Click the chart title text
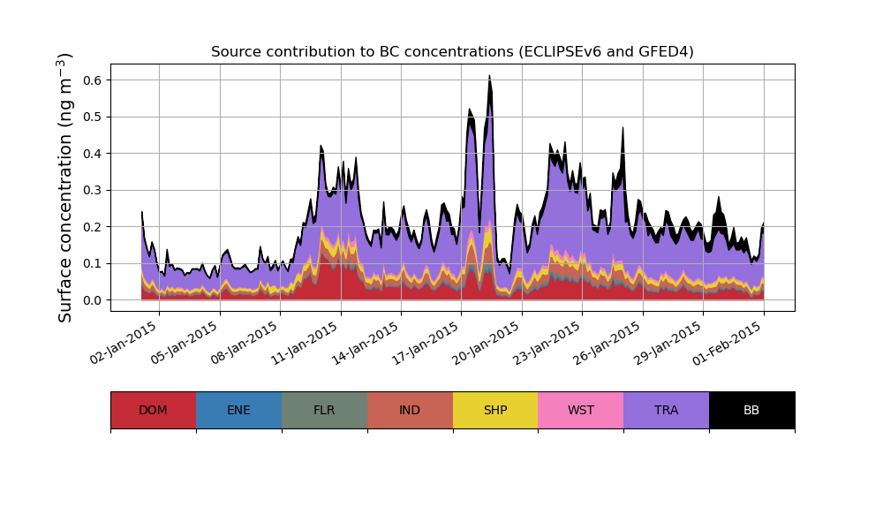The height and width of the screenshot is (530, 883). click(x=452, y=52)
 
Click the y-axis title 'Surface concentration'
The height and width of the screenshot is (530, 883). click(x=65, y=187)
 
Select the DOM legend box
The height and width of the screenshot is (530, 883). click(x=153, y=410)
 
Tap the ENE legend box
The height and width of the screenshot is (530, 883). click(x=238, y=410)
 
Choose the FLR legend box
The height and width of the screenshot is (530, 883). click(x=324, y=410)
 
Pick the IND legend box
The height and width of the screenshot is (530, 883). click(x=410, y=410)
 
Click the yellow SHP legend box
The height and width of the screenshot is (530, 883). click(x=495, y=410)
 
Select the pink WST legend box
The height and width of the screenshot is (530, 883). click(x=580, y=410)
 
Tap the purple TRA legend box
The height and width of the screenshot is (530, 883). click(x=666, y=410)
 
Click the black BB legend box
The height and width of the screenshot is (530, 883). click(x=751, y=410)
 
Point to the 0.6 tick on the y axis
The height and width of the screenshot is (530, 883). click(x=93, y=79)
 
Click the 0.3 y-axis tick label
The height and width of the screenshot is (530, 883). click(x=93, y=190)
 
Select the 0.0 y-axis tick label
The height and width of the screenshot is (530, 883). click(x=93, y=300)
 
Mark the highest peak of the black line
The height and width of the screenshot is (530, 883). click(x=489, y=76)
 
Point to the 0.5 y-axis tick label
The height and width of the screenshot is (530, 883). click(x=93, y=117)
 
